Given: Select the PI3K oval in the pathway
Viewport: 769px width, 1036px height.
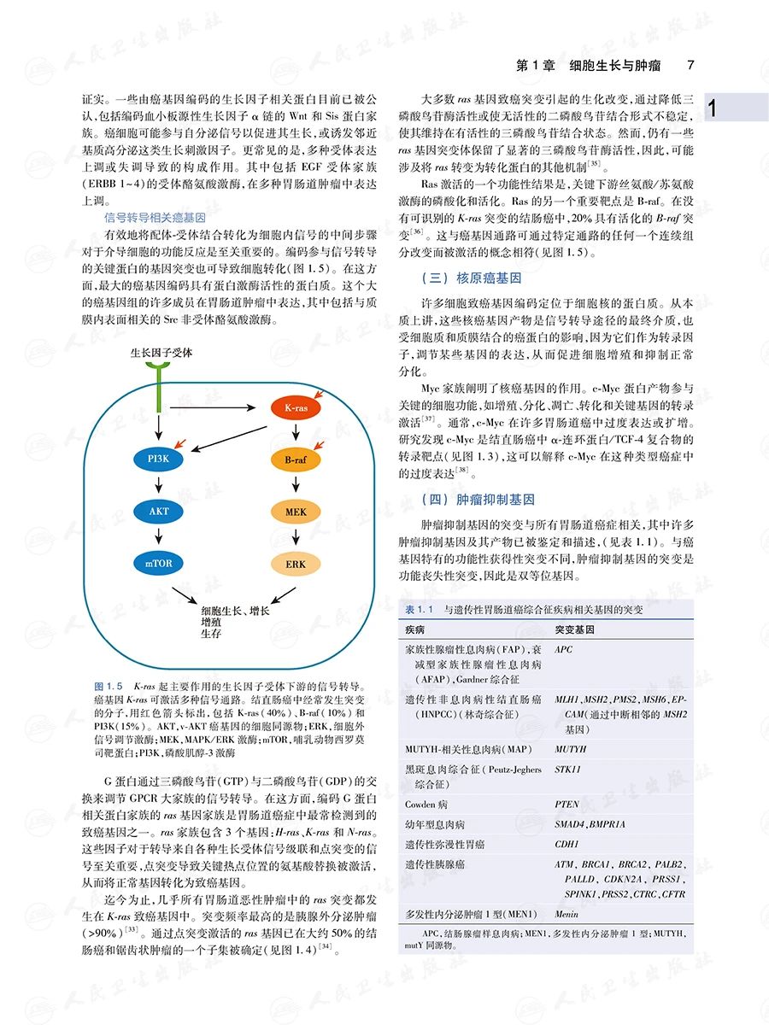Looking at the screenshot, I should point(159,460).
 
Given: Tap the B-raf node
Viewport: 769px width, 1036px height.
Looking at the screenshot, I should point(296,460).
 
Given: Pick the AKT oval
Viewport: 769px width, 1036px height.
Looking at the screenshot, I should point(159,512).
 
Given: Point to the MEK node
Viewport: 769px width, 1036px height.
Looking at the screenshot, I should point(296,512).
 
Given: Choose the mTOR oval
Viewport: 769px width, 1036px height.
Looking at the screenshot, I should point(159,563).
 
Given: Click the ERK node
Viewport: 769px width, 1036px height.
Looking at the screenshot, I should point(296,565).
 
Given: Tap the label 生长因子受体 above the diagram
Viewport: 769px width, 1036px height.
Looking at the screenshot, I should point(161,352).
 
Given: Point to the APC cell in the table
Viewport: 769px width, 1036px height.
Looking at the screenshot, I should point(564,650).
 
